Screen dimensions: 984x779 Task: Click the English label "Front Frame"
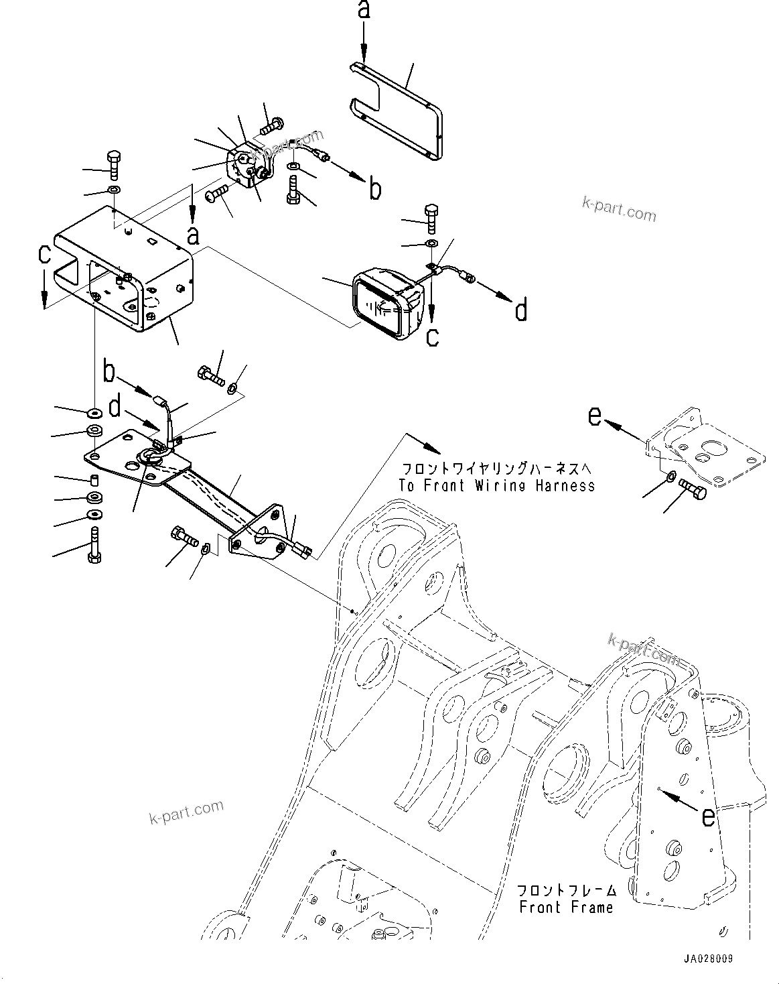point(566,908)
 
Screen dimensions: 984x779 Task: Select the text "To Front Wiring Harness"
point(496,485)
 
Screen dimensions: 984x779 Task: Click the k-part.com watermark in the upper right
point(619,209)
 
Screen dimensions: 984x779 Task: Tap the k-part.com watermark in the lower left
point(186,812)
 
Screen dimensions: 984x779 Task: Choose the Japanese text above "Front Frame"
point(566,890)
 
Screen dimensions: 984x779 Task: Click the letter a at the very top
point(364,10)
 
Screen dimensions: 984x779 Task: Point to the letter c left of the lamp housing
point(44,256)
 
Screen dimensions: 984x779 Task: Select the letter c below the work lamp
point(433,335)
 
